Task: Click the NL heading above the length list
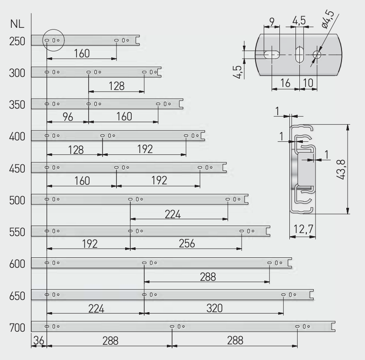pos(17,24)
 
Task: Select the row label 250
pos(17,41)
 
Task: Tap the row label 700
pos(17,328)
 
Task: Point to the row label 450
pos(17,169)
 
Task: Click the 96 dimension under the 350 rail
pos(68,117)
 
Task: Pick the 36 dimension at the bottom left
pos(39,341)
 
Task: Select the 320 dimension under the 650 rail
pos(214,308)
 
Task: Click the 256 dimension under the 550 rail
pos(187,243)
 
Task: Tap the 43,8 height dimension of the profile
pos(341,170)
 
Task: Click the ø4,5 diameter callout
pos(328,19)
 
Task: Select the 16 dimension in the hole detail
pos(285,83)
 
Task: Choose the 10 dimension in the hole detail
pos(308,83)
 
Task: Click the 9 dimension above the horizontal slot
pos(272,22)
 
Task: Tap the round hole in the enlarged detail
pos(317,55)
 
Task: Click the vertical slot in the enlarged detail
pos(299,55)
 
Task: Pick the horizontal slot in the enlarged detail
pos(272,55)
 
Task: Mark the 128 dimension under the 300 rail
pos(116,86)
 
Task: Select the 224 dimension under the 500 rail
pos(173,214)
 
